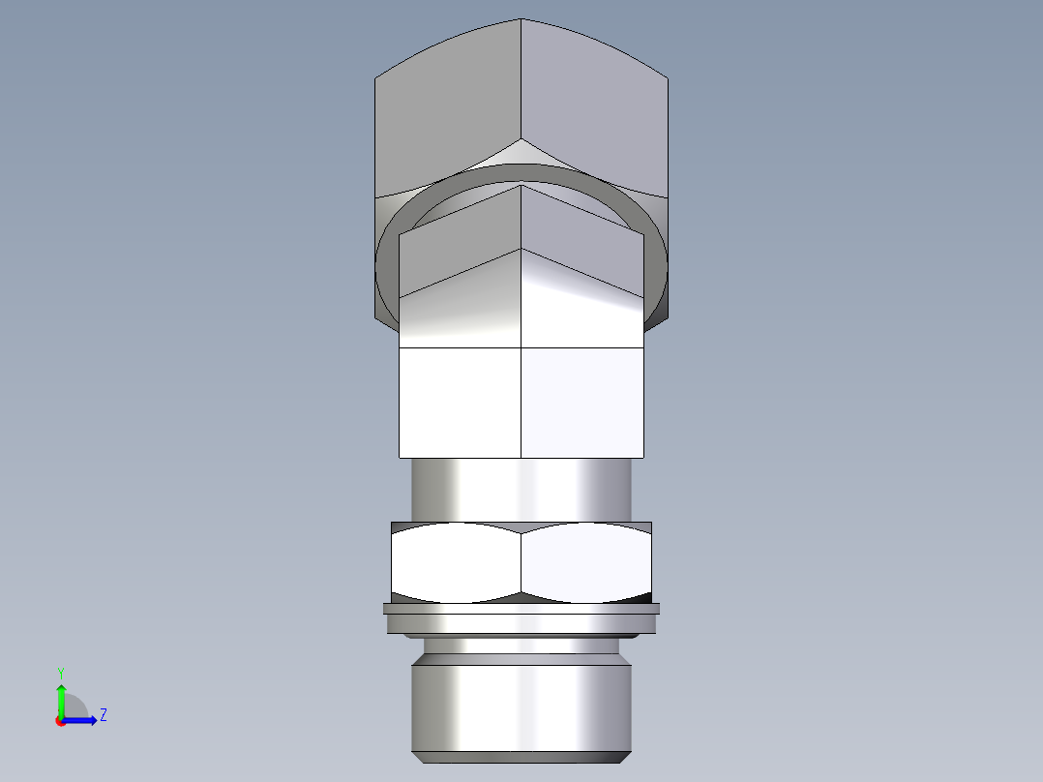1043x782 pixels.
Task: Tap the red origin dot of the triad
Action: click(x=60, y=721)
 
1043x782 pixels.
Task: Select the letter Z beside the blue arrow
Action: click(x=103, y=715)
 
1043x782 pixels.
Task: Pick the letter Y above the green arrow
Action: click(x=60, y=672)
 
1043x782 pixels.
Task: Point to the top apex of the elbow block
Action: click(x=521, y=20)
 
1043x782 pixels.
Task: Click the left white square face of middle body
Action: click(x=460, y=402)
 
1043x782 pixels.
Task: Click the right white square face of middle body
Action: click(x=582, y=402)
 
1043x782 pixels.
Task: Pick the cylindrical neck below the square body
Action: click(x=521, y=489)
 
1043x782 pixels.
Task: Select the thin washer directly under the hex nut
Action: click(x=521, y=609)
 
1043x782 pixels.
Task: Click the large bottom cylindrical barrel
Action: click(x=521, y=702)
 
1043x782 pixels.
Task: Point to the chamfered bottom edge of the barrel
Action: click(x=521, y=757)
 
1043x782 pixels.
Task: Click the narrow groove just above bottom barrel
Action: click(x=521, y=645)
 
